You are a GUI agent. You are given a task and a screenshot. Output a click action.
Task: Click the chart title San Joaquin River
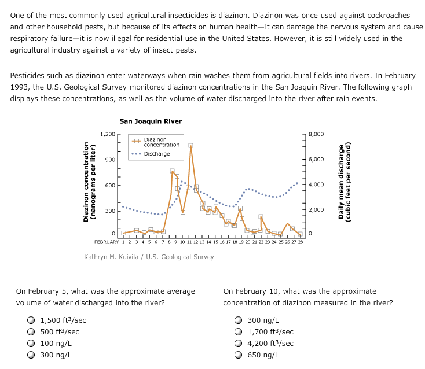coord(150,121)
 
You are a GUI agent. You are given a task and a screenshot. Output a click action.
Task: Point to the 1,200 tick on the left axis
coord(107,134)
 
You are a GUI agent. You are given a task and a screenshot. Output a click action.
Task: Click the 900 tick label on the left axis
coord(109,160)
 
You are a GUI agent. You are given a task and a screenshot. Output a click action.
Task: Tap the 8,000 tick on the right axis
coord(317,134)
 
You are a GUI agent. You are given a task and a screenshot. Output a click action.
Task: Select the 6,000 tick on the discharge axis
coord(317,160)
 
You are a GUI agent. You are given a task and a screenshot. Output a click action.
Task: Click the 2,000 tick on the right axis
coord(317,209)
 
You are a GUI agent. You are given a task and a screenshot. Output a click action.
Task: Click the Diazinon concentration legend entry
coord(161,142)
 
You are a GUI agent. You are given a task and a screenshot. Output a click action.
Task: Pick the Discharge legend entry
coord(156,154)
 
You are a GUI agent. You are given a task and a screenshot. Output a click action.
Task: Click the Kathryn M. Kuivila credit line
coord(149,257)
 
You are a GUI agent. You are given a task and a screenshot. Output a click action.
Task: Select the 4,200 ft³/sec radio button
coord(239,343)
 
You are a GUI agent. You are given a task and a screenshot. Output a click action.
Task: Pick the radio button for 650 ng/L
coord(239,355)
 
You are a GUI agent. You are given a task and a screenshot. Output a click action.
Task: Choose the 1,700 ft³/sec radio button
coord(239,331)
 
